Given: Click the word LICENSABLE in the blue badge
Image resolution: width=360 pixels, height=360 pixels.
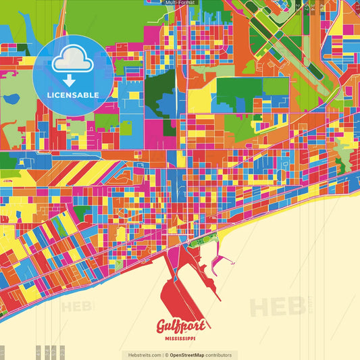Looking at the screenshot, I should point(73,95).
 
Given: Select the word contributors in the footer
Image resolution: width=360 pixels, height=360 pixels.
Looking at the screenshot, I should point(219,355).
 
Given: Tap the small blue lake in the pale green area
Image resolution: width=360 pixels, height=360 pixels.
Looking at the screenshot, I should point(11,99).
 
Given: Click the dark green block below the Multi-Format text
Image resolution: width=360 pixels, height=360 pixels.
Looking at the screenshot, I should point(161,84).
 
